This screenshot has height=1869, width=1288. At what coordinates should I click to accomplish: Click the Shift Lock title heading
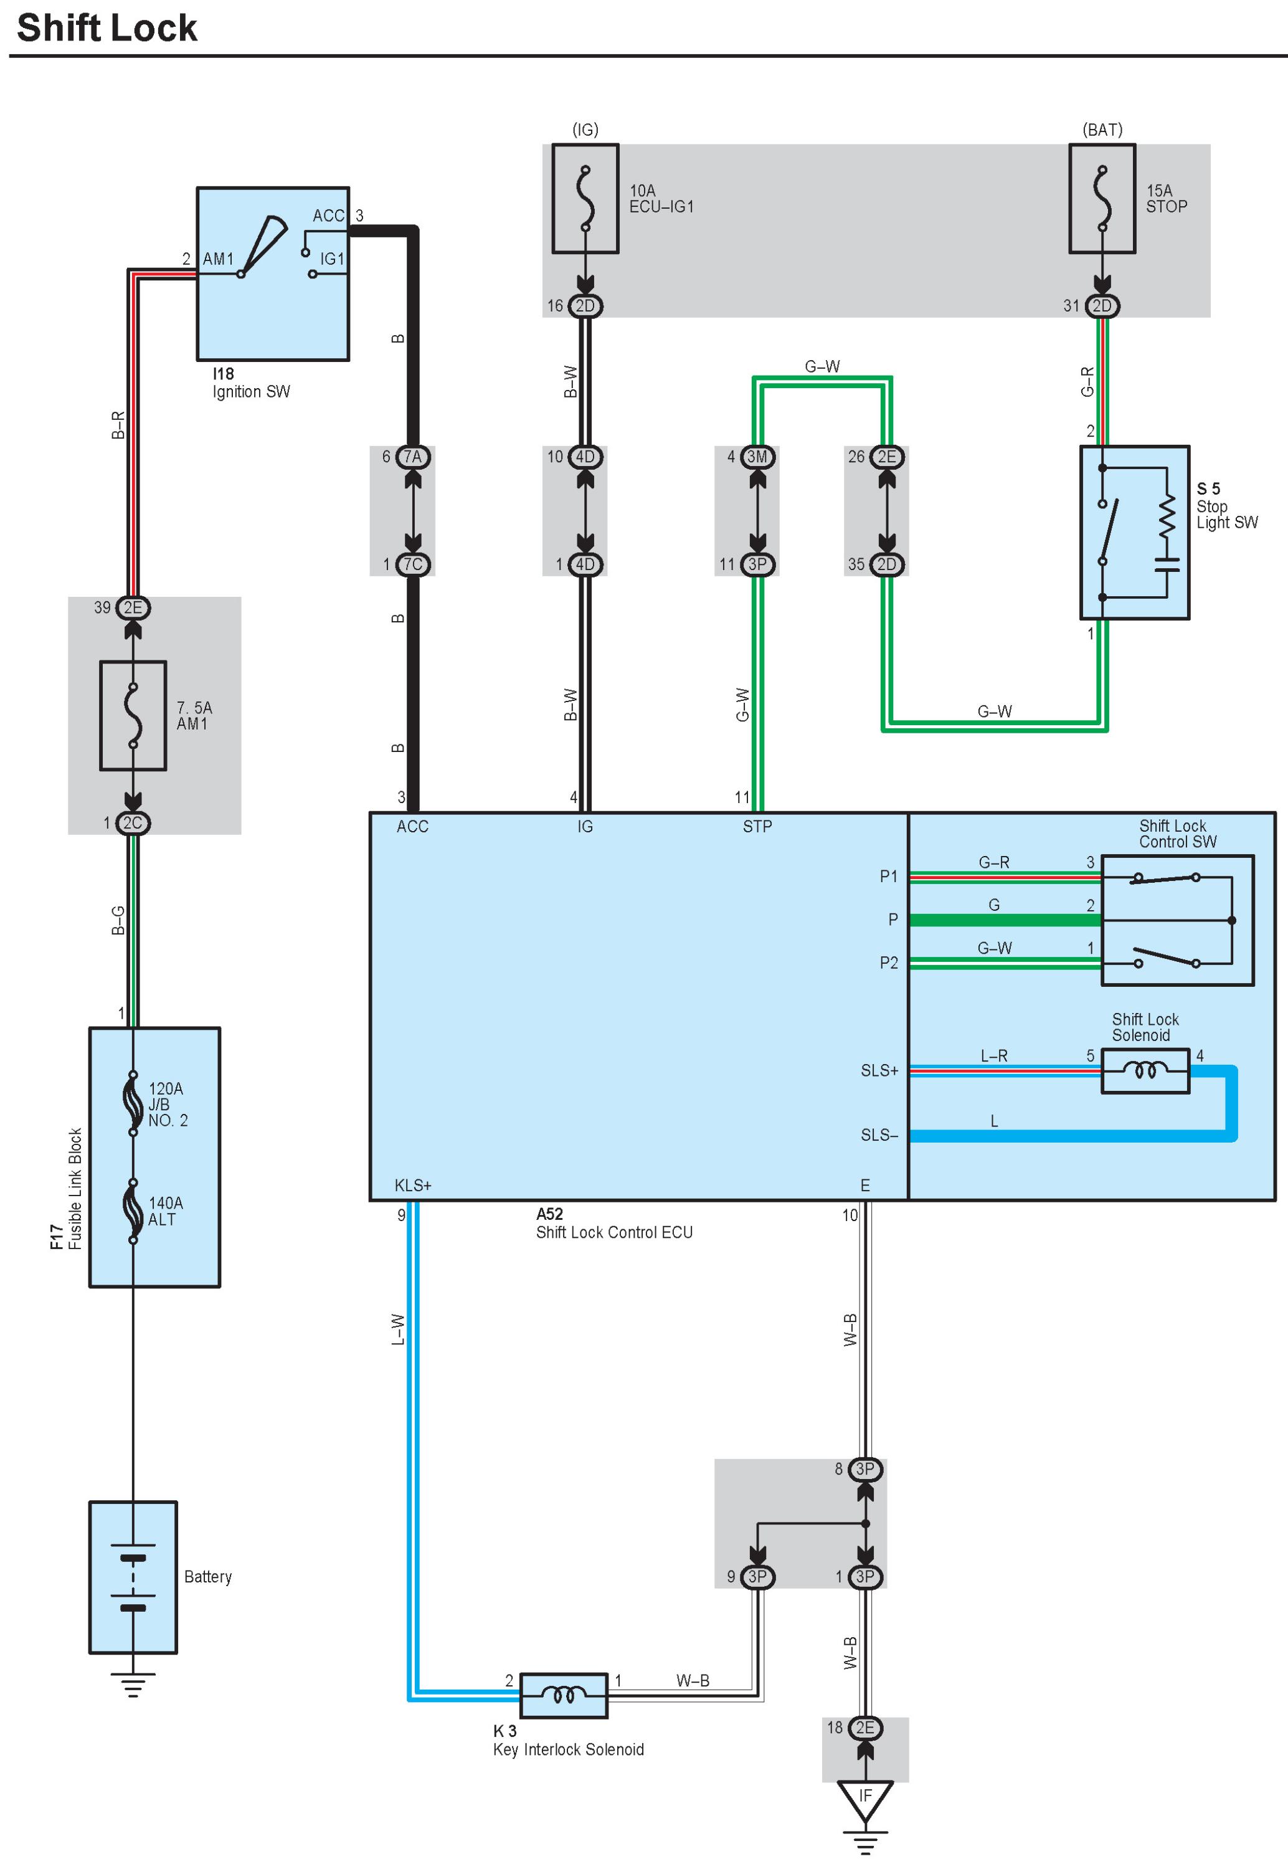click(x=107, y=28)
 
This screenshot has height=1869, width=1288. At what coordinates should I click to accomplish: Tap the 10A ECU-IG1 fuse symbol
click(x=585, y=199)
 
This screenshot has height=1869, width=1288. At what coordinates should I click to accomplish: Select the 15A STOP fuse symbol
click(x=1102, y=199)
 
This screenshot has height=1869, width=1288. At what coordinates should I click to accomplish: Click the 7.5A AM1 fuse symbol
click(x=133, y=716)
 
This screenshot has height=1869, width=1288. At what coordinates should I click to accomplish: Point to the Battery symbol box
click(x=133, y=1577)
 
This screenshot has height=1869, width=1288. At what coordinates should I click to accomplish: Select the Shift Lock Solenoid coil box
click(x=1145, y=1071)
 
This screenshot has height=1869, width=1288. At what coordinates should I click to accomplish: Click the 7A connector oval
click(x=412, y=457)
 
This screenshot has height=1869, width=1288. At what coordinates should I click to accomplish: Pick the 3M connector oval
click(x=757, y=457)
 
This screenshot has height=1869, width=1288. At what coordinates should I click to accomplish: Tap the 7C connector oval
click(x=412, y=564)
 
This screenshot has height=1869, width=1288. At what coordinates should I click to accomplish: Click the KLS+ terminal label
click(x=412, y=1186)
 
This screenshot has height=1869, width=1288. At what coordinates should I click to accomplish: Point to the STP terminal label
click(x=757, y=826)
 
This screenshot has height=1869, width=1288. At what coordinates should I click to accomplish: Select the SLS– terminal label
click(x=879, y=1136)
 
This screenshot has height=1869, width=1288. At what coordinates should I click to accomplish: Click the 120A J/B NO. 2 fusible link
click(x=133, y=1103)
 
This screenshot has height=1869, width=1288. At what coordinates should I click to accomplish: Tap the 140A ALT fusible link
click(x=133, y=1210)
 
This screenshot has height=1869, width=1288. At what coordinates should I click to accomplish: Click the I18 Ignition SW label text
click(x=250, y=383)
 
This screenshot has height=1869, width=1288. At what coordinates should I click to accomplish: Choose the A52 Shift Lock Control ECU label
click(x=613, y=1224)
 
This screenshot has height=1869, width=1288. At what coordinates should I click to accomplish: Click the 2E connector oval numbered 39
click(x=133, y=607)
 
